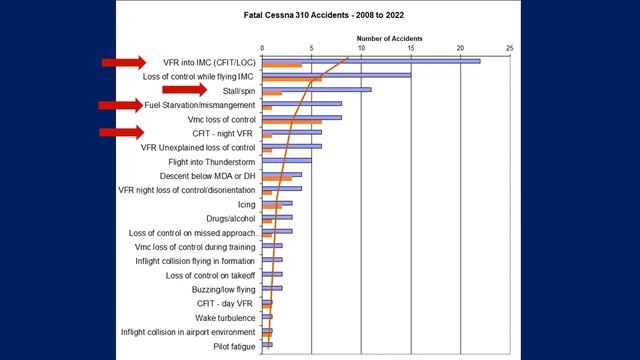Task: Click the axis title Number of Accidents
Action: pos(389,39)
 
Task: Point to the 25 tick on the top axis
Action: pos(510,48)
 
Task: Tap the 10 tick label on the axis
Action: pos(361,48)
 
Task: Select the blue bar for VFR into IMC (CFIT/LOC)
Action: pos(371,61)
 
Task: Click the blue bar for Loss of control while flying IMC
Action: pos(336,75)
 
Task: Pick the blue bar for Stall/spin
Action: pos(316,89)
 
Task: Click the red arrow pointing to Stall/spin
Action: pos(213,90)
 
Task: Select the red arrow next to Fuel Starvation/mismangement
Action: pos(120,104)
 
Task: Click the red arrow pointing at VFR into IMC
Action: pos(123,62)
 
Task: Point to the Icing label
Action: pos(245,203)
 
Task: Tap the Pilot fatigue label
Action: pos(234,346)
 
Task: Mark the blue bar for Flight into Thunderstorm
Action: pos(287,159)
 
